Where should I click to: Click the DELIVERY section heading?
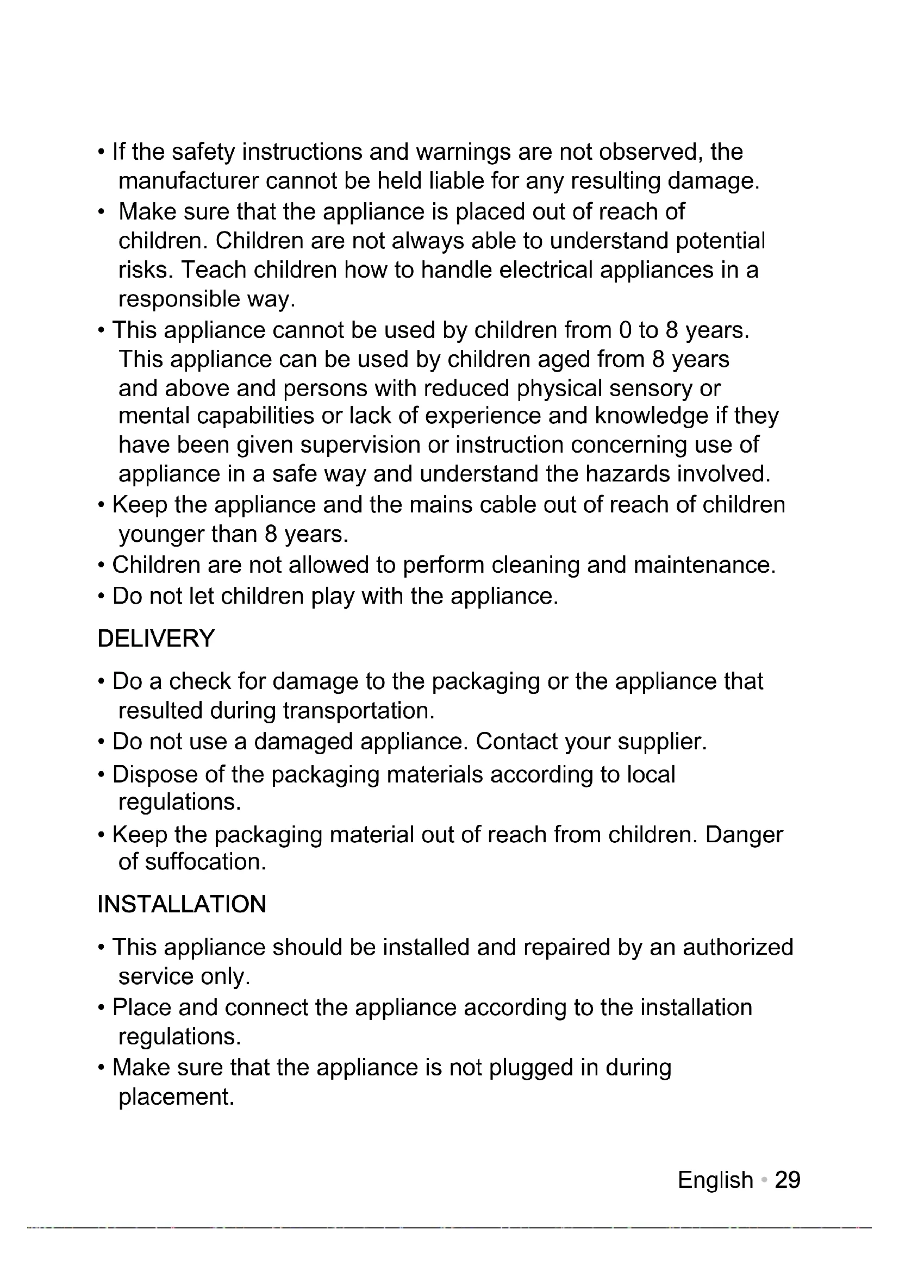155,638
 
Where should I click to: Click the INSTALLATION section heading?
182,904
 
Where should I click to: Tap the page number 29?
787,1180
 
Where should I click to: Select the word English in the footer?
715,1180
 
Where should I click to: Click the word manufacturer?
189,181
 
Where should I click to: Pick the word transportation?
359,711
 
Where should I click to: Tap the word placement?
176,1097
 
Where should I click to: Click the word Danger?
744,834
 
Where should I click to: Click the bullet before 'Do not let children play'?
101,597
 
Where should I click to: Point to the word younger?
161,534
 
